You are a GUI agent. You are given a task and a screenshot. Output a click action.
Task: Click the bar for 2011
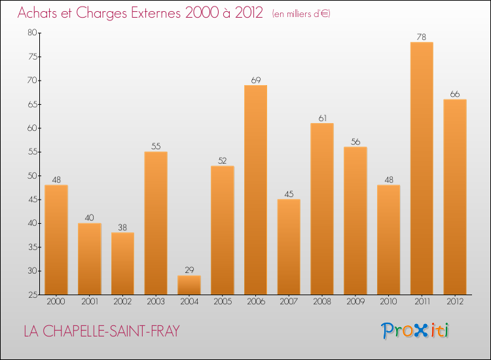click(x=422, y=168)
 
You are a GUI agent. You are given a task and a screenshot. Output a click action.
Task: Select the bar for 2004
click(x=189, y=285)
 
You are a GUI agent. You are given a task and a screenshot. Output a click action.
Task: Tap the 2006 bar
click(x=255, y=190)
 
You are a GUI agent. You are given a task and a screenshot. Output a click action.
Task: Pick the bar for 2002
click(x=122, y=264)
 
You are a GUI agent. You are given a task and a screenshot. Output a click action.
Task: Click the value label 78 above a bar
click(x=422, y=37)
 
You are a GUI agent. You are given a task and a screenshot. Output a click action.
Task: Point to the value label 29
click(x=189, y=270)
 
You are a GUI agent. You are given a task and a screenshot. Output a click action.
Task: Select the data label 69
click(x=255, y=80)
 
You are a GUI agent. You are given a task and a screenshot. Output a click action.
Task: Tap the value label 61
click(x=322, y=118)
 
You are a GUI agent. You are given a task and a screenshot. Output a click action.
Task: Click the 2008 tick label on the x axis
click(x=322, y=302)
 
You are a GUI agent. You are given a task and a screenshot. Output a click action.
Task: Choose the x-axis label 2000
click(x=56, y=302)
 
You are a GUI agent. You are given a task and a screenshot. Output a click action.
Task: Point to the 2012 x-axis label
click(x=455, y=302)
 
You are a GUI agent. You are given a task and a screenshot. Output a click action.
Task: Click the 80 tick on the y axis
click(x=32, y=33)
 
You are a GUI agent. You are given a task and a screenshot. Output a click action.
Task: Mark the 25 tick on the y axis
click(x=32, y=295)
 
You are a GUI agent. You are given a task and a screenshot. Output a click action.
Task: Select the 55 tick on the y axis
click(x=32, y=152)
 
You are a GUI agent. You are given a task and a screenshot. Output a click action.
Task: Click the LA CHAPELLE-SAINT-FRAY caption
click(x=101, y=331)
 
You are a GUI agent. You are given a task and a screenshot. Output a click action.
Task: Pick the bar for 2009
click(x=355, y=221)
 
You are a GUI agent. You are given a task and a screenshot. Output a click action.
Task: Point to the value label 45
click(x=289, y=194)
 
